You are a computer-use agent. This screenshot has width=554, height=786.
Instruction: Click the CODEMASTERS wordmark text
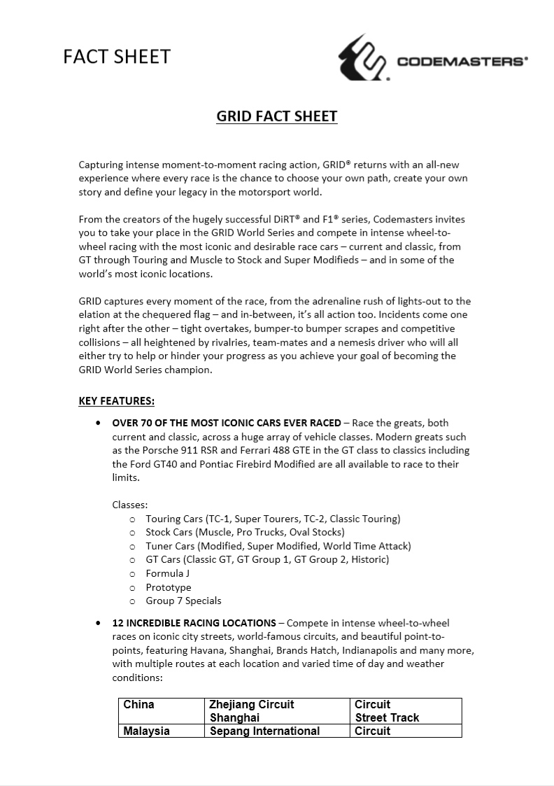(x=462, y=62)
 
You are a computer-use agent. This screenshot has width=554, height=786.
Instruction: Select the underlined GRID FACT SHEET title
(x=277, y=116)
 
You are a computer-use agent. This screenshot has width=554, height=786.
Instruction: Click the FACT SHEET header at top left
(x=117, y=56)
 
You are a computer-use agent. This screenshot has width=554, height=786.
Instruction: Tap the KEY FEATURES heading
(x=116, y=401)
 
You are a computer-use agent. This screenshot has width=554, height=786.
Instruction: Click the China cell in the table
(x=138, y=704)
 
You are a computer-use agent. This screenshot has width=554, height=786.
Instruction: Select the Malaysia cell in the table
(x=147, y=731)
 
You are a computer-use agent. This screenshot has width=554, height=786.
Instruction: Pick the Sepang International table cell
(x=265, y=731)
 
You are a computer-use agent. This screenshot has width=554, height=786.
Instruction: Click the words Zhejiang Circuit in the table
(x=252, y=704)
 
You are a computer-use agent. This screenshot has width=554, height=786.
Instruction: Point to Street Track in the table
(x=387, y=717)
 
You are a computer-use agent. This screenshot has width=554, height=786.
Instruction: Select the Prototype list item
(x=168, y=587)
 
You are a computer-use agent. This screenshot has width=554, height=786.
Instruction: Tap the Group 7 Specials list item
(x=183, y=601)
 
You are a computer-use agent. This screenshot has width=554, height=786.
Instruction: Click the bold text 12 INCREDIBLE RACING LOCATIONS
(x=194, y=622)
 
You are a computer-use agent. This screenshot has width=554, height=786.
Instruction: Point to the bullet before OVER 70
(x=97, y=423)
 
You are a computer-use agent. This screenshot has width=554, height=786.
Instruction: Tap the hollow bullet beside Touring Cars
(x=132, y=519)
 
